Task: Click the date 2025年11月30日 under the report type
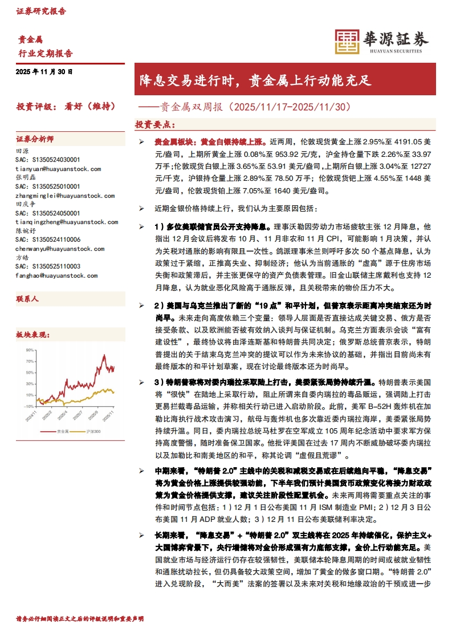click(x=44, y=72)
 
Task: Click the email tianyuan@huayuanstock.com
click(x=58, y=169)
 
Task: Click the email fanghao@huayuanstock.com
click(x=56, y=276)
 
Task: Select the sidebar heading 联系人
click(x=27, y=298)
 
